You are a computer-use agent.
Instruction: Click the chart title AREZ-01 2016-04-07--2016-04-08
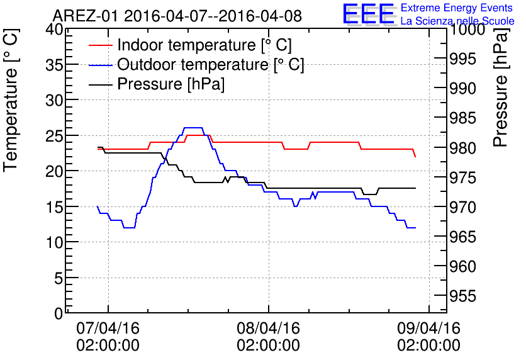(177, 16)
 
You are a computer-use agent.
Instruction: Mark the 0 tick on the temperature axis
(59, 313)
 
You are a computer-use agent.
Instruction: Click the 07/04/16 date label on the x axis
(108, 329)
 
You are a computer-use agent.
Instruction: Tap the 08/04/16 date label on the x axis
(268, 329)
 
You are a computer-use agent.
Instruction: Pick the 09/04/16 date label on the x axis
(428, 329)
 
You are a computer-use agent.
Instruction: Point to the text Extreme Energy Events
(456, 8)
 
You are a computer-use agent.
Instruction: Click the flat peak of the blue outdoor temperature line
(193, 128)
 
